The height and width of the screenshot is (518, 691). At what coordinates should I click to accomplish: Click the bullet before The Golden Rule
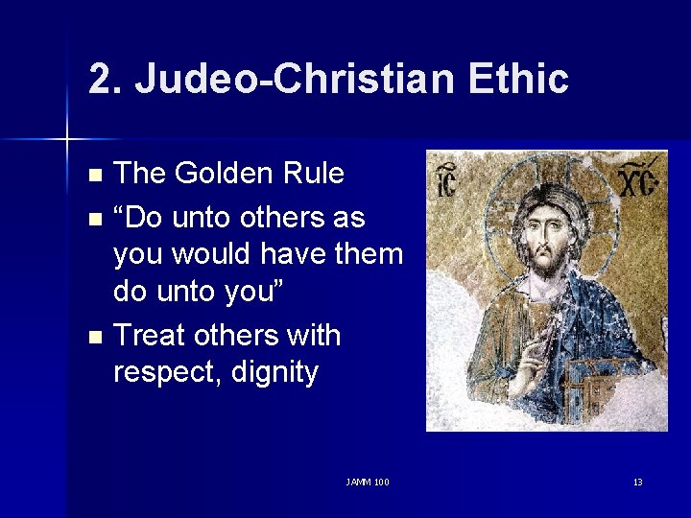pyautogui.click(x=93, y=176)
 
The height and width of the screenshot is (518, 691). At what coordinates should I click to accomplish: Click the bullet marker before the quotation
pyautogui.click(x=93, y=218)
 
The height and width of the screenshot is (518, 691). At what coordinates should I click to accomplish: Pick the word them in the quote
pyautogui.click(x=370, y=254)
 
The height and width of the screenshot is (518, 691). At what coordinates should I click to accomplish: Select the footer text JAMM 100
pyautogui.click(x=368, y=482)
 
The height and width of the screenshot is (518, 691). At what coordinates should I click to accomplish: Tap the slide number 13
pyautogui.click(x=637, y=482)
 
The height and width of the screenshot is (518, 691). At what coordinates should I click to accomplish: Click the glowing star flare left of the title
pyautogui.click(x=67, y=140)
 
